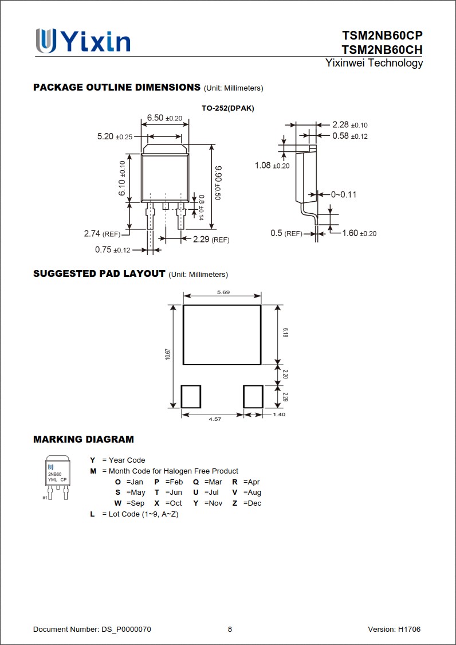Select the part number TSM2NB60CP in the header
tap(382, 36)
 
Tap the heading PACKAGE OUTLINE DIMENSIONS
tap(117, 88)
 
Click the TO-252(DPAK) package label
tap(227, 108)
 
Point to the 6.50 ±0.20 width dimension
tap(164, 118)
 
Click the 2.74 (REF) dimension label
tap(102, 234)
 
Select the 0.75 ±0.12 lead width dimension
tap(112, 250)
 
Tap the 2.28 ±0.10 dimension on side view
tap(350, 125)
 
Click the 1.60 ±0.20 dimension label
tap(359, 233)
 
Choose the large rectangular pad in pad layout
tap(222, 335)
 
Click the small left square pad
tap(191, 396)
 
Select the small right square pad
tap(253, 396)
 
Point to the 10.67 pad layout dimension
tap(168, 354)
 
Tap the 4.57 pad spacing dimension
tap(214, 420)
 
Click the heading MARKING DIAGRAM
tap(84, 440)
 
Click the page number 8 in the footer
tap(230, 630)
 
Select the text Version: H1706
tap(394, 630)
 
